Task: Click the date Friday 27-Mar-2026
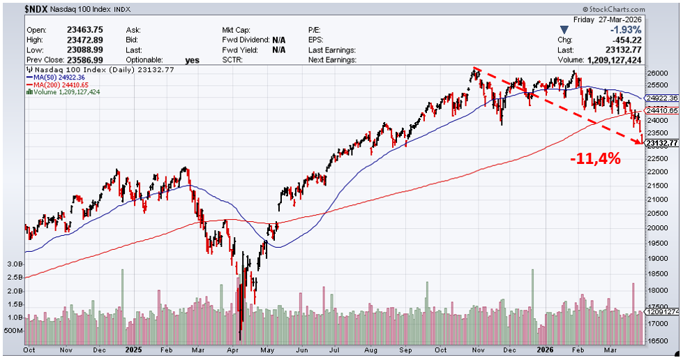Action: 626,21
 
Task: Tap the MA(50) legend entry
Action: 59,77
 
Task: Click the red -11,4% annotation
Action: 594,158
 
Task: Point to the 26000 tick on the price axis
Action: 658,73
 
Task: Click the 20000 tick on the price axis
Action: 658,227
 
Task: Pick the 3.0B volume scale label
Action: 15,264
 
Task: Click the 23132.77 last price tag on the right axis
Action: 661,144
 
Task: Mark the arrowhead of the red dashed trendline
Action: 640,142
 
